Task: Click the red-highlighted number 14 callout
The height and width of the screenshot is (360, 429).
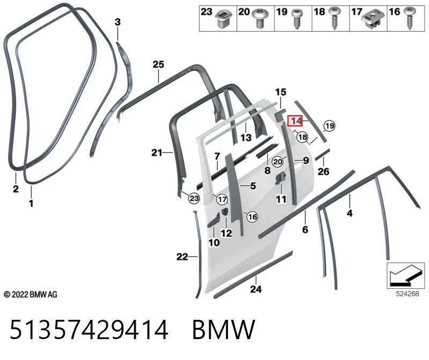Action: point(295,121)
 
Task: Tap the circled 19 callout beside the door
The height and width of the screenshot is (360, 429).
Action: point(329,126)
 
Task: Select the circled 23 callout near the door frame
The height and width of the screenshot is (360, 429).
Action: point(194,198)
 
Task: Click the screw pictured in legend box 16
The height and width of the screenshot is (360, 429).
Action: point(409,18)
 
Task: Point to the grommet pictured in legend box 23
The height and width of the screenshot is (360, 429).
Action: point(224,19)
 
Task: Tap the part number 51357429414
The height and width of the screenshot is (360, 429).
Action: point(89,329)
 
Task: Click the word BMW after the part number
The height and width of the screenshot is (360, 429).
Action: point(224,329)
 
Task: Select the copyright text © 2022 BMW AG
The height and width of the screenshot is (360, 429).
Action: point(31,295)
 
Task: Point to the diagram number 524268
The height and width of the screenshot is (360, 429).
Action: point(408,294)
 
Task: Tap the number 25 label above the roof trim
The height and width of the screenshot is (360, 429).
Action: point(158,64)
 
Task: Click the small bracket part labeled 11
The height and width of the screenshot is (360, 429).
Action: point(280,178)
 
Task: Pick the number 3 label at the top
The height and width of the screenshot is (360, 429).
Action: point(117,22)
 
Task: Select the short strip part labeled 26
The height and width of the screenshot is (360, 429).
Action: point(323,154)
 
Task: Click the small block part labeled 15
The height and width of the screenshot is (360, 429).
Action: point(280,114)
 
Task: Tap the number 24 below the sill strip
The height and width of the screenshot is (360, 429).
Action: point(256,289)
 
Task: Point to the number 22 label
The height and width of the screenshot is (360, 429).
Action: point(182,257)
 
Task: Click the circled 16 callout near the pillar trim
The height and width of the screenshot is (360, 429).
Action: point(252,217)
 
